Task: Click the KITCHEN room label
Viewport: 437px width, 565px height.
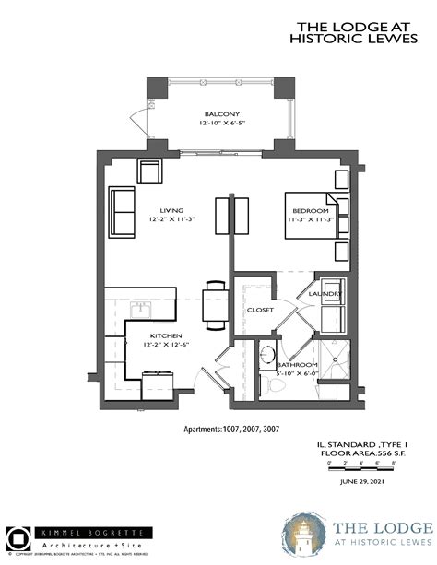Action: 160,335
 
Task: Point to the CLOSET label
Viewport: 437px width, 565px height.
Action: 260,310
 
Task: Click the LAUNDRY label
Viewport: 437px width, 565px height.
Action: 330,293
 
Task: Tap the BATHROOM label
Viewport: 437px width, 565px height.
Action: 297,366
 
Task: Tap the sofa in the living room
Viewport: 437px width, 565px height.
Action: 122,211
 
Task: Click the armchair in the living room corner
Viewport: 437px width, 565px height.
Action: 150,171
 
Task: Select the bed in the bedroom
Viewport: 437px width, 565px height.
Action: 309,217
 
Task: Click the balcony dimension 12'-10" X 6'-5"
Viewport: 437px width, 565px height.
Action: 221,123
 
